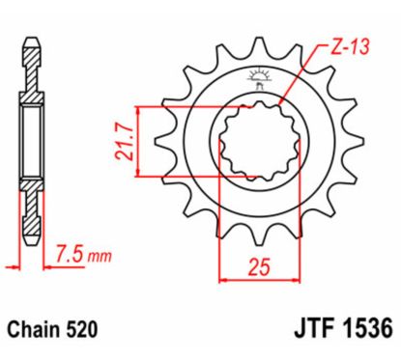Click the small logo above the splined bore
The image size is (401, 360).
coord(256,76)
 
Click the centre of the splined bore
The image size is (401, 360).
coord(252,143)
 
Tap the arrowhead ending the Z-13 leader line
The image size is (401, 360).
coord(279,105)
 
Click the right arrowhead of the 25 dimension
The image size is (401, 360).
coord(281,281)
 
